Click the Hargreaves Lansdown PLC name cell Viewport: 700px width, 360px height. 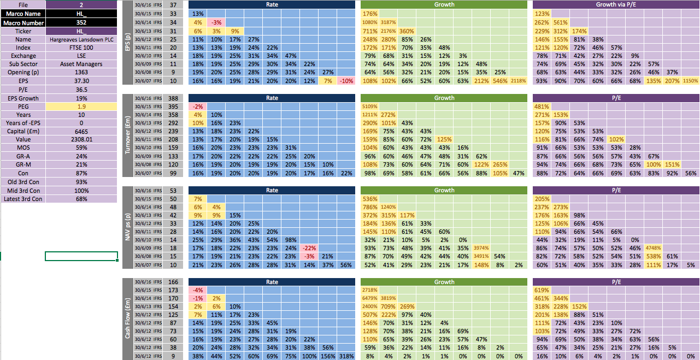tap(81, 39)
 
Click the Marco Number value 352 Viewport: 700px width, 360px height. tap(81, 22)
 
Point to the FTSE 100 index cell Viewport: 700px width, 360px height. tap(81, 48)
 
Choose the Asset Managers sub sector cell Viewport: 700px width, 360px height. tap(81, 64)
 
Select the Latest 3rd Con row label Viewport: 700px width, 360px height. tap(23, 199)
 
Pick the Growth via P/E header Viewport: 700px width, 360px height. tap(616, 4)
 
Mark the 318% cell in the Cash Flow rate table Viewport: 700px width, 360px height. tap(346, 356)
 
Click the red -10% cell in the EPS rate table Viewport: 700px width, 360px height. tap(346, 81)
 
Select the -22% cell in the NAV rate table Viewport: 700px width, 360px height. tap(309, 248)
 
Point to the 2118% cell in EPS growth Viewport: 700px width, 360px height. tap(519, 81)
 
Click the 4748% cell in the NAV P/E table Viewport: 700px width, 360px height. tap(653, 248)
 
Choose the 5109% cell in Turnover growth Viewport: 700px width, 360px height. tap(370, 107)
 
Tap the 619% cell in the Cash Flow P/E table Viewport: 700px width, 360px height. tap(542, 291)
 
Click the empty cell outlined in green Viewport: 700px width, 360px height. tap(81, 256)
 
